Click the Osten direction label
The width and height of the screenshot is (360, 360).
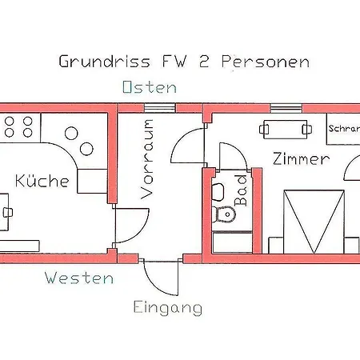(x=150, y=87)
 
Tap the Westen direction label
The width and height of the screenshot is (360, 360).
(x=78, y=278)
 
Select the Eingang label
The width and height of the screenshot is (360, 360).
(x=167, y=307)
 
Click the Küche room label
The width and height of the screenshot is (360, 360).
(x=42, y=181)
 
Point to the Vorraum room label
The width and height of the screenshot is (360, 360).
(x=147, y=158)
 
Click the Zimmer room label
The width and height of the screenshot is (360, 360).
(x=300, y=159)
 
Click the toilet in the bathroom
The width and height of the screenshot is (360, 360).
(x=225, y=214)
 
